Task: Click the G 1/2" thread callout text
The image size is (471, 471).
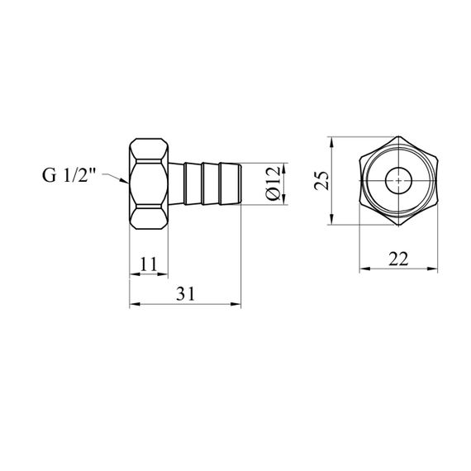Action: [x=69, y=175]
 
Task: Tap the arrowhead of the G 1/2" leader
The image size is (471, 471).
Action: [x=125, y=181]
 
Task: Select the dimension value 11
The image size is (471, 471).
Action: [x=149, y=264]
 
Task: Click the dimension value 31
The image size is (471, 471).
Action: [x=185, y=293]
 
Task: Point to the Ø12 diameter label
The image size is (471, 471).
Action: [x=273, y=183]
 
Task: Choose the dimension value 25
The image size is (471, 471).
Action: [x=321, y=180]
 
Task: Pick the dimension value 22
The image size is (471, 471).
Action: [x=398, y=259]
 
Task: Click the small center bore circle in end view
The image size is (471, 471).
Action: [x=398, y=181]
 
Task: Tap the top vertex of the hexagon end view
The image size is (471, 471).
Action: [x=398, y=136]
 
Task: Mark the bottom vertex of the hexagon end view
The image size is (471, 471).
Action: [x=398, y=225]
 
